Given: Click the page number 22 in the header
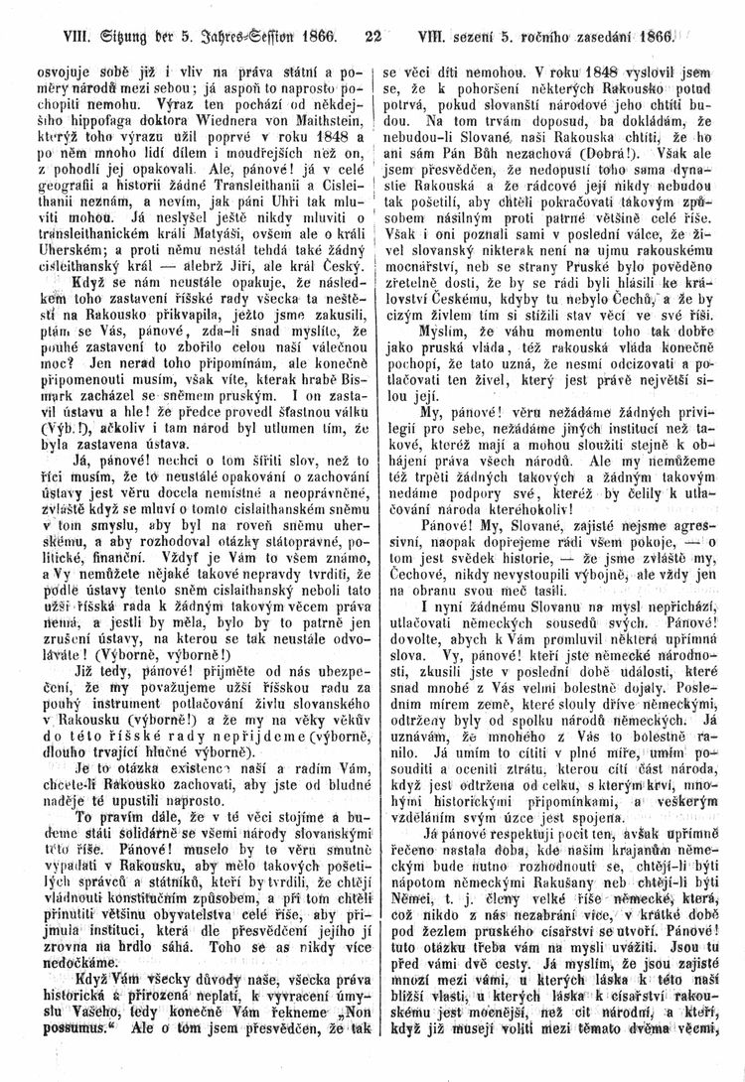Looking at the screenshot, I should [x=373, y=40].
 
